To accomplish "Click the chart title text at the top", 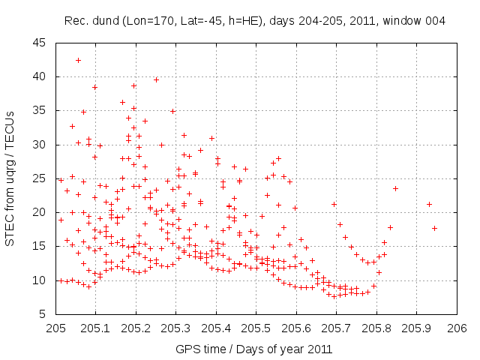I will [x=255, y=20].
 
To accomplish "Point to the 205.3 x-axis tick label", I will [x=176, y=328].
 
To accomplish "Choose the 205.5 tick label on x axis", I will [x=256, y=328].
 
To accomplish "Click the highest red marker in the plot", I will [x=79, y=60].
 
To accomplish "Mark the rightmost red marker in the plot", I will [x=435, y=228].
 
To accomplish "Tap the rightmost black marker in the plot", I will [x=396, y=188].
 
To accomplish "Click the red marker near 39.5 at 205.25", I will [x=157, y=79].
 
